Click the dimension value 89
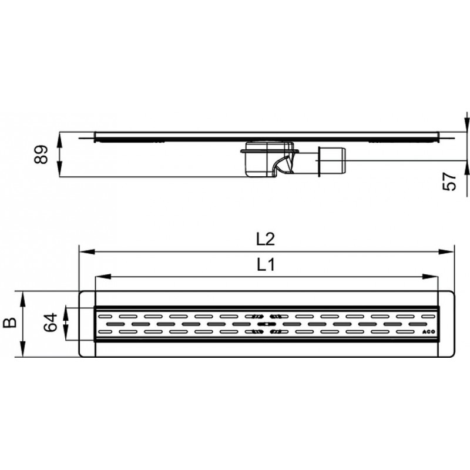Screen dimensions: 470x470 pyautogui.click(x=41, y=155)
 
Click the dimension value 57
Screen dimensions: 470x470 pyautogui.click(x=449, y=182)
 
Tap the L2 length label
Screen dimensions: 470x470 pyautogui.click(x=266, y=239)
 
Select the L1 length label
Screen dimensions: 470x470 pyautogui.click(x=266, y=265)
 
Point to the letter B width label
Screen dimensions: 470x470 pyautogui.click(x=10, y=323)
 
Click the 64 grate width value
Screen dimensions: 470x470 pyautogui.click(x=50, y=322)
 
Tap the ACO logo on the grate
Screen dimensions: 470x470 pyautogui.click(x=428, y=332)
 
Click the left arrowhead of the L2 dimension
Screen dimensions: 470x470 pyautogui.click(x=87, y=251)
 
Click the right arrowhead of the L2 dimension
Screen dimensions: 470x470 pyautogui.click(x=446, y=251)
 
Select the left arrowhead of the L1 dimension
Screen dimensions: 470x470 pyautogui.click(x=103, y=277)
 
